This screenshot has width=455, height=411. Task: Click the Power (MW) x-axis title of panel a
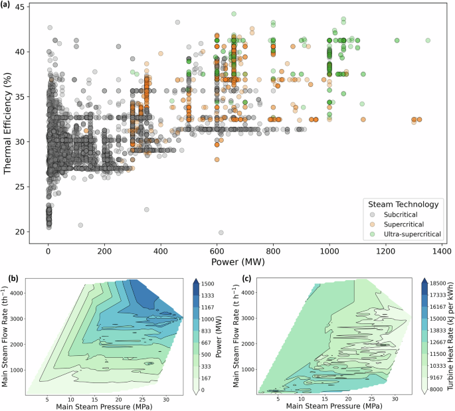244,263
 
